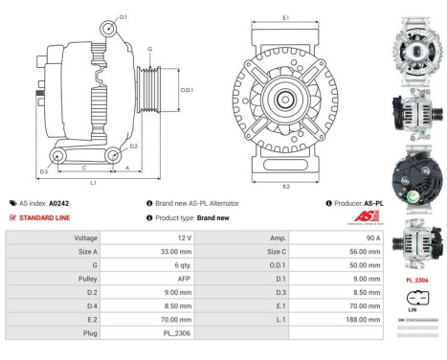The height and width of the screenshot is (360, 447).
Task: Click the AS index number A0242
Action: [58, 203]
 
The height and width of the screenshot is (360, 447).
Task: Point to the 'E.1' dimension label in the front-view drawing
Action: [286, 18]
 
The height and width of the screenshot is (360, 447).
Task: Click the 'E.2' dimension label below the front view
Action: [286, 185]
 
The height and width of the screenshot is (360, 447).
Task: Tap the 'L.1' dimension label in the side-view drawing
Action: [93, 182]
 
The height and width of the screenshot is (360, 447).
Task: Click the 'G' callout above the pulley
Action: [149, 49]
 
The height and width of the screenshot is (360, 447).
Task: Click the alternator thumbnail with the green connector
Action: [418, 176]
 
